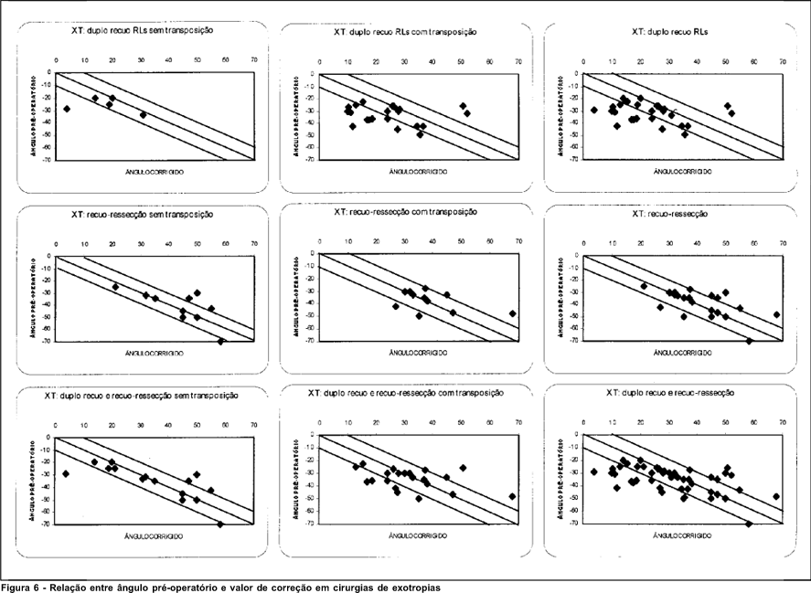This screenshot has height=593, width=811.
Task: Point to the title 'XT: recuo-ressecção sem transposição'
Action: pyautogui.click(x=142, y=215)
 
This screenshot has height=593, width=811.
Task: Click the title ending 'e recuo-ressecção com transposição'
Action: pyautogui.click(x=405, y=393)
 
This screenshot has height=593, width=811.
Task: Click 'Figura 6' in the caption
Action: pyautogui.click(x=20, y=588)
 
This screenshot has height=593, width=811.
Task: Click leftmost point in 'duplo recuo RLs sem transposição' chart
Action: pyautogui.click(x=67, y=109)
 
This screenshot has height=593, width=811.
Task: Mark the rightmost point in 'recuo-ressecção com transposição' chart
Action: pyautogui.click(x=513, y=313)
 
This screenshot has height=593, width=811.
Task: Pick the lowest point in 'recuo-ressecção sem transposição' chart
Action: pyautogui.click(x=220, y=341)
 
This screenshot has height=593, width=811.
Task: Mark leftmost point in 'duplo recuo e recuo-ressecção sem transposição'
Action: pyautogui.click(x=66, y=473)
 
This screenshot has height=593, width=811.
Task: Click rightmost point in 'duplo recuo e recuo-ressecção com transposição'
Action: pyautogui.click(x=513, y=496)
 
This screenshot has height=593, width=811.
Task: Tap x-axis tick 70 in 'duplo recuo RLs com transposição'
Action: pyautogui.click(x=518, y=62)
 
